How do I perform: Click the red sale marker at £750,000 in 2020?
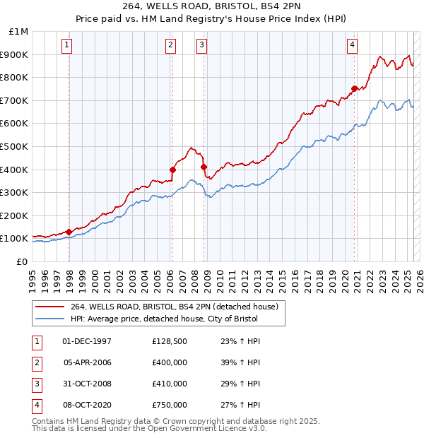pyautogui.click(x=354, y=88)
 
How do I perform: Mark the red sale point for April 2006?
pyautogui.click(x=172, y=170)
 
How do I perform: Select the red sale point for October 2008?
pyautogui.click(x=204, y=167)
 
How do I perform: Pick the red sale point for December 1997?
pyautogui.click(x=69, y=232)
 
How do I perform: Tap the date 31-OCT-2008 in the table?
pyautogui.click(x=87, y=384)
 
